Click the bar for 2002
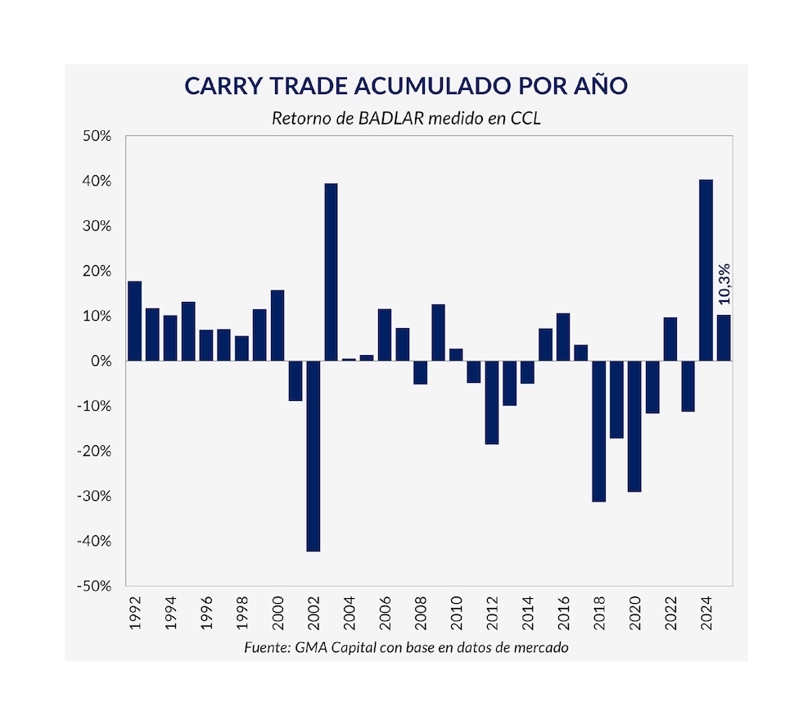click(x=313, y=456)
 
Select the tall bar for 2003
click(x=331, y=272)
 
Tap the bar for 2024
click(x=706, y=270)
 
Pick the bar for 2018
click(x=598, y=431)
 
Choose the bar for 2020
click(x=634, y=426)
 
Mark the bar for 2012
click(x=491, y=403)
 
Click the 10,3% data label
click(x=724, y=283)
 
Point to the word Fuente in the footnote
click(x=267, y=647)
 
